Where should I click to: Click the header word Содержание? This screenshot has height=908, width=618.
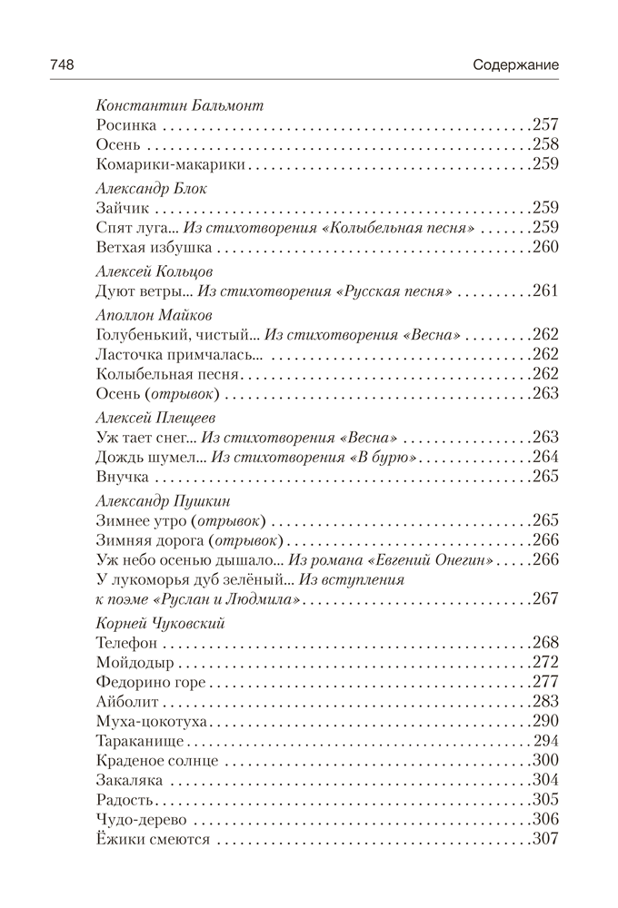pyautogui.click(x=515, y=65)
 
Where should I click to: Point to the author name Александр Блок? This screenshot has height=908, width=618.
pyautogui.click(x=151, y=188)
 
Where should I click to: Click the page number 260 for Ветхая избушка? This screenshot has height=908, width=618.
pyautogui.click(x=543, y=247)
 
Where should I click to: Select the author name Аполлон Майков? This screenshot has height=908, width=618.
pyautogui.click(x=154, y=314)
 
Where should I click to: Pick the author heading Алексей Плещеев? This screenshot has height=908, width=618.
pyautogui.click(x=154, y=417)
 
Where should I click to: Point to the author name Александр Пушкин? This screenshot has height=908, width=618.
pyautogui.click(x=163, y=500)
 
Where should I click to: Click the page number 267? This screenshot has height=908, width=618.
pyautogui.click(x=543, y=600)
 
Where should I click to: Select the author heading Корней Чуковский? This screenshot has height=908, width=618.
pyautogui.click(x=160, y=623)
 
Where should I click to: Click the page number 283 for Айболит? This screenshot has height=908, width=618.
pyautogui.click(x=543, y=701)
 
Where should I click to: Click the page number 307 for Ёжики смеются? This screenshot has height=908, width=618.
pyautogui.click(x=543, y=839)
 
